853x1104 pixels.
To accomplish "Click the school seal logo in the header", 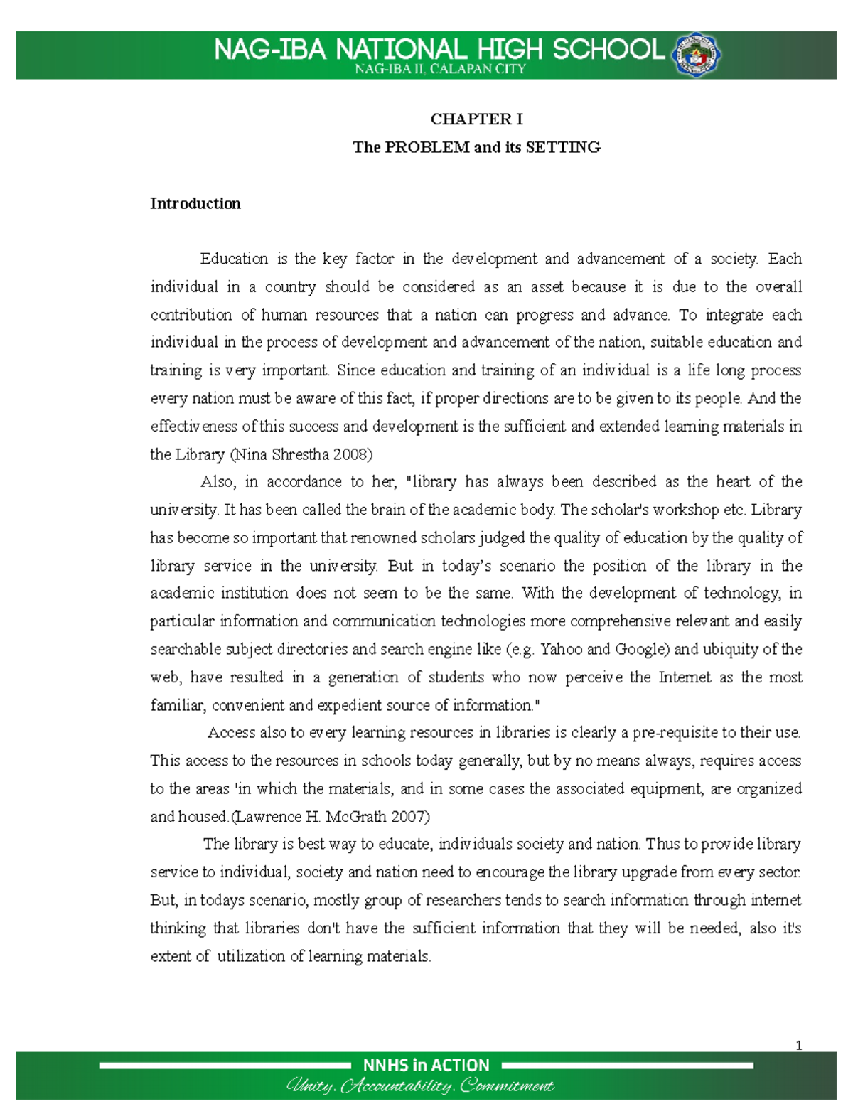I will (697, 54).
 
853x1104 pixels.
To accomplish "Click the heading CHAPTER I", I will (476, 119).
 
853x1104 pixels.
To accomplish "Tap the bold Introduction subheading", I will (195, 204).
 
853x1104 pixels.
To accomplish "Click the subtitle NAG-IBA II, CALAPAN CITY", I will (440, 69).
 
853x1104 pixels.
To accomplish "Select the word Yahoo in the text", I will (561, 649).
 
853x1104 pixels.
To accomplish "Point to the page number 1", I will (799, 1045).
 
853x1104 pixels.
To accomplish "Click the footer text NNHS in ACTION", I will (426, 1065).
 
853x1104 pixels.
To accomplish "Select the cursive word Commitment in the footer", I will (507, 1086).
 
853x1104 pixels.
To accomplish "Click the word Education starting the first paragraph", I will (234, 259).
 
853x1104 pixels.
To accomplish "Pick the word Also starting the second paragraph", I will (218, 482).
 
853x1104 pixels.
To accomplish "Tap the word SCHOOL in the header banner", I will (608, 50).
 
